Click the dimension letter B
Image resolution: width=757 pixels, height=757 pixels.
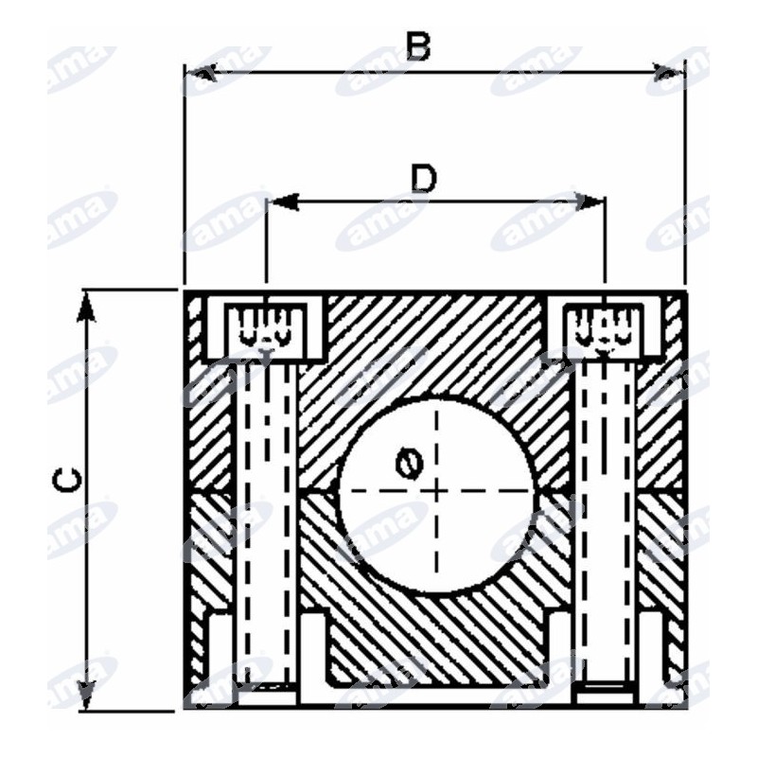[x=418, y=47]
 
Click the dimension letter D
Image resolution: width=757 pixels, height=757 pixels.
[x=423, y=178]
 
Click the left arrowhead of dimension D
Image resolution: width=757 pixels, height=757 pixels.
[x=283, y=202]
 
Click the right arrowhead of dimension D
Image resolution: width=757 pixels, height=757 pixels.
[x=589, y=202]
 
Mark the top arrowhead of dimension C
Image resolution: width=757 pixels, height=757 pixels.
[x=87, y=306]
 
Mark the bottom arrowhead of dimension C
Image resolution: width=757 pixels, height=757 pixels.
[x=87, y=695]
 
